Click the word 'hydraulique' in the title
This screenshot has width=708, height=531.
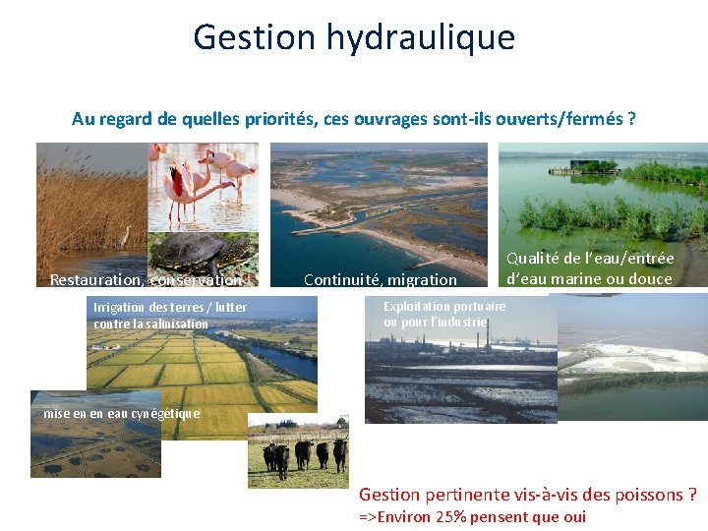pyautogui.click(x=433, y=37)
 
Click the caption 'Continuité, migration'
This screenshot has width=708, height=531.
pyautogui.click(x=381, y=280)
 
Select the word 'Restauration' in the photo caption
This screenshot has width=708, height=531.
pyautogui.click(x=96, y=280)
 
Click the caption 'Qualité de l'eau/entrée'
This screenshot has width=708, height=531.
pyautogui.click(x=590, y=259)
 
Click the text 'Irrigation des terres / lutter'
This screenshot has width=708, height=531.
pyautogui.click(x=169, y=308)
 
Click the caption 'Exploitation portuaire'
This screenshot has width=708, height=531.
pyautogui.click(x=444, y=307)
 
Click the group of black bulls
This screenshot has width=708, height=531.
pyautogui.click(x=305, y=453)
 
